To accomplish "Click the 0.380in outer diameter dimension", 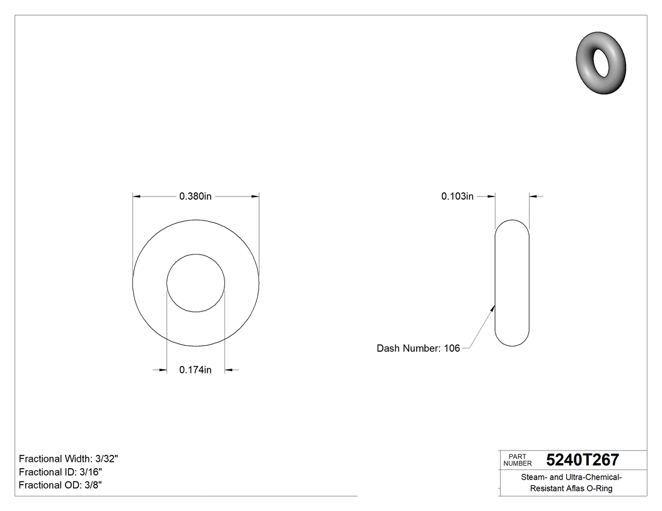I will [x=195, y=197].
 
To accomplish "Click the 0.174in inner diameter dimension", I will [x=195, y=370].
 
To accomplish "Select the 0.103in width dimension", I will [x=457, y=197].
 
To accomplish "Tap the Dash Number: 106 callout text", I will [x=418, y=348].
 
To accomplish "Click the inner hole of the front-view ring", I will [x=195, y=283].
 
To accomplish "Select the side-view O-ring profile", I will [x=512, y=283].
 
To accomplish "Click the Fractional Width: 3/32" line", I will [x=69, y=459].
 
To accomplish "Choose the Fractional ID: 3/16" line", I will [x=61, y=472].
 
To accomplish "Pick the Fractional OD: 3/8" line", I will [x=61, y=485].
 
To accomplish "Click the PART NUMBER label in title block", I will [x=517, y=460].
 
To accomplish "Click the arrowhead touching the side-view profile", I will [x=493, y=307].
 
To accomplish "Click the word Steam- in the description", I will [x=534, y=477].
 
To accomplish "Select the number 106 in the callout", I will [x=451, y=348].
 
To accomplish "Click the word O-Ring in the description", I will [x=600, y=488].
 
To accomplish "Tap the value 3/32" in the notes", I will [x=107, y=459].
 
